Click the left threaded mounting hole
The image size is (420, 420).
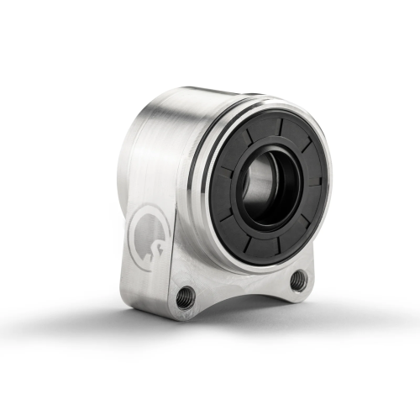[x=186, y=297]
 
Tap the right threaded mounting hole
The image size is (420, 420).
[x=299, y=281]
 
